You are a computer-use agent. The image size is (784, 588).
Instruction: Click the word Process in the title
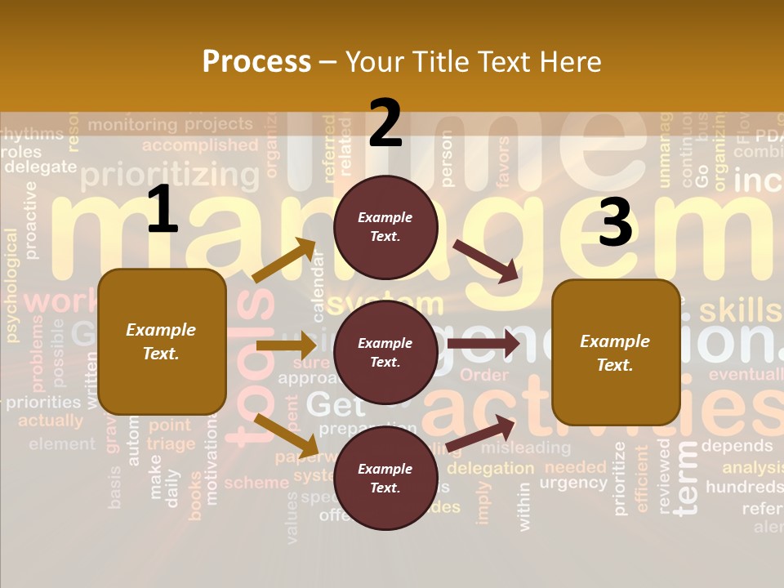point(256,62)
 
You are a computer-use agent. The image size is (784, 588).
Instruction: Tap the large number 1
point(163,210)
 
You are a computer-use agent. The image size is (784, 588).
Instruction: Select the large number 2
point(385,123)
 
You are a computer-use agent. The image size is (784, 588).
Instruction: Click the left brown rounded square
point(162,341)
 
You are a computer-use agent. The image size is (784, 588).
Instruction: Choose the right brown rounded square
point(616,353)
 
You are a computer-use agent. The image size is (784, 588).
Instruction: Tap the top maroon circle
point(385,227)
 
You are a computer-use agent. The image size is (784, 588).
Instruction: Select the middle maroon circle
point(385,353)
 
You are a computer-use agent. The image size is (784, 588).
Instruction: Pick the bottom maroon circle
point(385,479)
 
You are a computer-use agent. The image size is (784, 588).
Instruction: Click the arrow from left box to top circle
point(284,261)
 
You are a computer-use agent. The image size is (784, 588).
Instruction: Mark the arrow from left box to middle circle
point(285,345)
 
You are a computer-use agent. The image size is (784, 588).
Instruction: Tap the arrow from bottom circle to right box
point(481,434)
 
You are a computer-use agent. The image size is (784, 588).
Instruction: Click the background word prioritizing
point(170,175)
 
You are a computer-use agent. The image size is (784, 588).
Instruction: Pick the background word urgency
point(573,483)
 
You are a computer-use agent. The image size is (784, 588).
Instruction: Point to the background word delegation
point(490,469)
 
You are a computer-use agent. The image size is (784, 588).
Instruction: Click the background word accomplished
point(200,145)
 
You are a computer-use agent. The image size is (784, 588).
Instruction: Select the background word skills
point(740,310)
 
